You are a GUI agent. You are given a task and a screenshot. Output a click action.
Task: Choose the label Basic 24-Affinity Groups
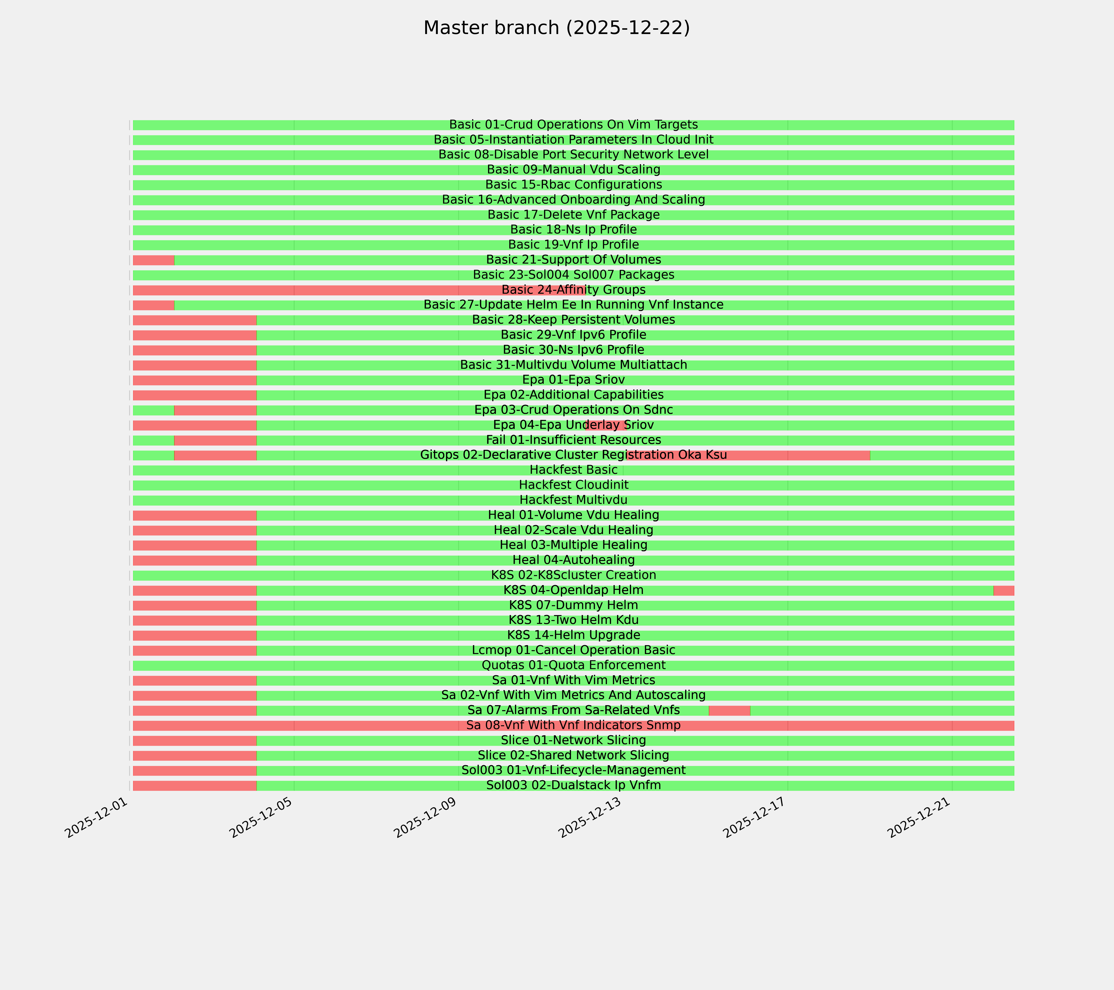pos(573,290)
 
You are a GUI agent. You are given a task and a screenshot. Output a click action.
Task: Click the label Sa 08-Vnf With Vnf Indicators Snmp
pos(573,725)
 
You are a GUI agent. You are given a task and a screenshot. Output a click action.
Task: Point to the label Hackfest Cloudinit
pos(573,485)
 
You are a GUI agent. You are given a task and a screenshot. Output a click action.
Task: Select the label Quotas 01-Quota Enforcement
pos(573,665)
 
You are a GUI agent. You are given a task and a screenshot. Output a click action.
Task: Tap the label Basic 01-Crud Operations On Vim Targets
pos(573,125)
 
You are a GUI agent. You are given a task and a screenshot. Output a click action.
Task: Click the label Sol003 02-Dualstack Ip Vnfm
pos(573,785)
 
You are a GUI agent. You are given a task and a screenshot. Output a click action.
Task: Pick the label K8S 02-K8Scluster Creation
pos(573,575)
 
